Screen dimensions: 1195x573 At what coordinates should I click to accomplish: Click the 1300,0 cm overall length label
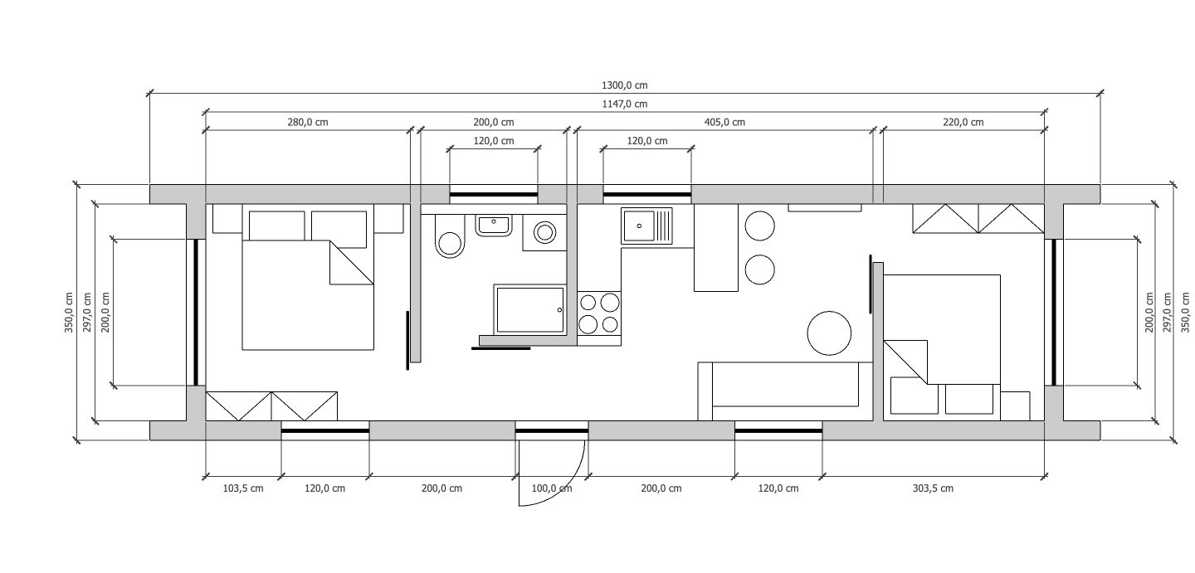(625, 85)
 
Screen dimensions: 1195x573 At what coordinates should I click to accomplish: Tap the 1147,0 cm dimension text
(625, 104)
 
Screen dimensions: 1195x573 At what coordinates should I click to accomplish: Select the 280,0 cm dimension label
(308, 122)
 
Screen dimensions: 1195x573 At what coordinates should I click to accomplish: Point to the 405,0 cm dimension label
(724, 122)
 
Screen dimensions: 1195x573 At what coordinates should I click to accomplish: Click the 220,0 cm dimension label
(963, 122)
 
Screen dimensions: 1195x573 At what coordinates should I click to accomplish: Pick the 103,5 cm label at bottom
(242, 488)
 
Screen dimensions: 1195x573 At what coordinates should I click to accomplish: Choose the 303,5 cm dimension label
(933, 488)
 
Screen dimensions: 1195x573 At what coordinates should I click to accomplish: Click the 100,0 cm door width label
(552, 488)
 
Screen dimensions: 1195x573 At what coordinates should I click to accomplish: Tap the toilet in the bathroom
(450, 236)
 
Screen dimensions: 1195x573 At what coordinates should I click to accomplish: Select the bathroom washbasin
(494, 226)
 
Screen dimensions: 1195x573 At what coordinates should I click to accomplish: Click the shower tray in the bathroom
(529, 309)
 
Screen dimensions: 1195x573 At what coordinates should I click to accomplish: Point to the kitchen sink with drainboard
(646, 226)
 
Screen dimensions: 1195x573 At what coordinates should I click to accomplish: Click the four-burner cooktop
(599, 313)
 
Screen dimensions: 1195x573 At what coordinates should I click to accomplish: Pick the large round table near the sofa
(829, 333)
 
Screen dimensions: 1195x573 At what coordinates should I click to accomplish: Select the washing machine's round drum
(544, 232)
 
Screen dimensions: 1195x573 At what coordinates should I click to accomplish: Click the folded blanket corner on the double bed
(352, 262)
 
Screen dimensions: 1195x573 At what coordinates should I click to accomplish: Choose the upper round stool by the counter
(759, 226)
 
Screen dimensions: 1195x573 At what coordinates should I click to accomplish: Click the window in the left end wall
(196, 313)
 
